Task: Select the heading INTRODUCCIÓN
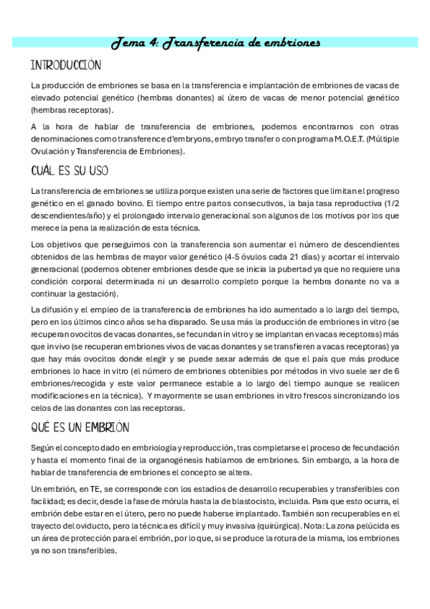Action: pyautogui.click(x=66, y=65)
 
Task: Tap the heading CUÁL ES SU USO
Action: pyautogui.click(x=70, y=172)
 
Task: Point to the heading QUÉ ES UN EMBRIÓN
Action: pyautogui.click(x=80, y=427)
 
